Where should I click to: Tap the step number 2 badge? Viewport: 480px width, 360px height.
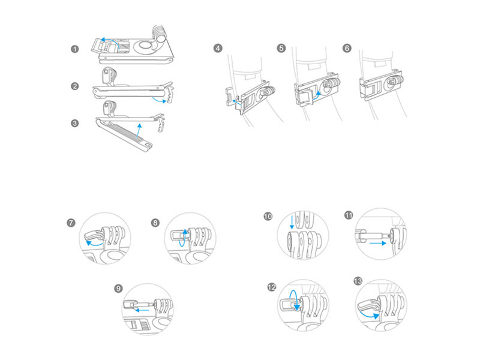[74, 86]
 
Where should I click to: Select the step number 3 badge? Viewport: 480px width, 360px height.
[74, 124]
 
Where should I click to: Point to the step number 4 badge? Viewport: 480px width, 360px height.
[218, 49]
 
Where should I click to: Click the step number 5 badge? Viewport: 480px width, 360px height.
[282, 49]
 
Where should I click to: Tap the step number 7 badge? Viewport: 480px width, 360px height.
[71, 223]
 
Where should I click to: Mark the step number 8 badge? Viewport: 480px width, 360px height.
[156, 223]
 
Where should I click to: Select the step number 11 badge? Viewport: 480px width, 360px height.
[349, 215]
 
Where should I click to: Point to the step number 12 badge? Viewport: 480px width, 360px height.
[271, 287]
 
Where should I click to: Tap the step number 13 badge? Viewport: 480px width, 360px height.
[359, 281]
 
